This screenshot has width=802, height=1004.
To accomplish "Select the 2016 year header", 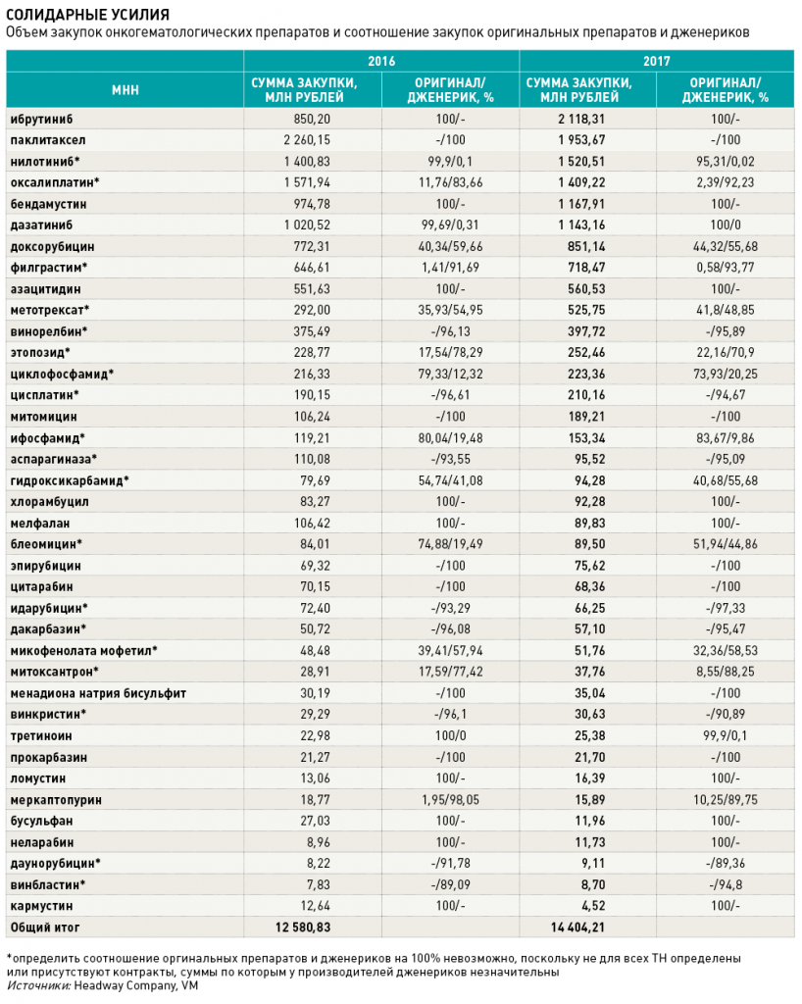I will point(380,61).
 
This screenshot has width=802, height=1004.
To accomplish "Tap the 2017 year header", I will point(656,61).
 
